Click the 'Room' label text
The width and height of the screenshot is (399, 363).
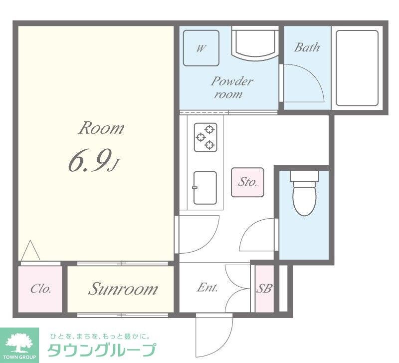click(101, 128)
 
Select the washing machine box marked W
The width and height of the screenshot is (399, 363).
click(201, 48)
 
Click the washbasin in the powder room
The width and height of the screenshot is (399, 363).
click(255, 42)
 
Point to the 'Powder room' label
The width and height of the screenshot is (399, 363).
click(231, 87)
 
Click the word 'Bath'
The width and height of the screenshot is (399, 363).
click(306, 48)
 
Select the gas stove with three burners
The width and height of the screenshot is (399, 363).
click(206, 137)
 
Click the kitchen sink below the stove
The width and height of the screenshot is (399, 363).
click(205, 187)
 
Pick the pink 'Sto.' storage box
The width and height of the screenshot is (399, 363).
click(247, 182)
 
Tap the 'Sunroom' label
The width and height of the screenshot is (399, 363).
click(123, 289)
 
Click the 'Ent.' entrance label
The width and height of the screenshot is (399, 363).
click(207, 288)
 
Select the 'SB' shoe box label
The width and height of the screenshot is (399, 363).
click(264, 289)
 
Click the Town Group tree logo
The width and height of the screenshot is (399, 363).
click(19, 342)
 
